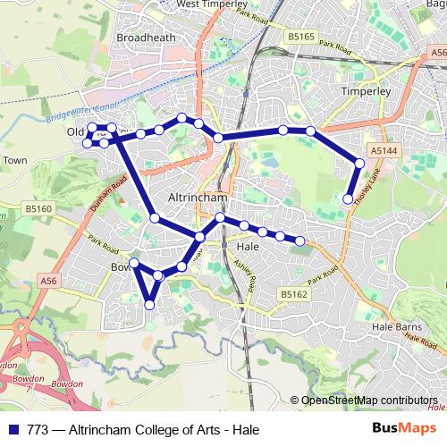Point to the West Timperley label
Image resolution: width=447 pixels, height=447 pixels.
tap(213, 4)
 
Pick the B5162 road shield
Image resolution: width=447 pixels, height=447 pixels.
tap(292, 292)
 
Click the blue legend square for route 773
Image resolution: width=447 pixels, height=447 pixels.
tap(12, 429)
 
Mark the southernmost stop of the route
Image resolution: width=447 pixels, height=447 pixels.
tap(149, 305)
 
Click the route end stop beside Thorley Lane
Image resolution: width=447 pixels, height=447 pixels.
tap(348, 198)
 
